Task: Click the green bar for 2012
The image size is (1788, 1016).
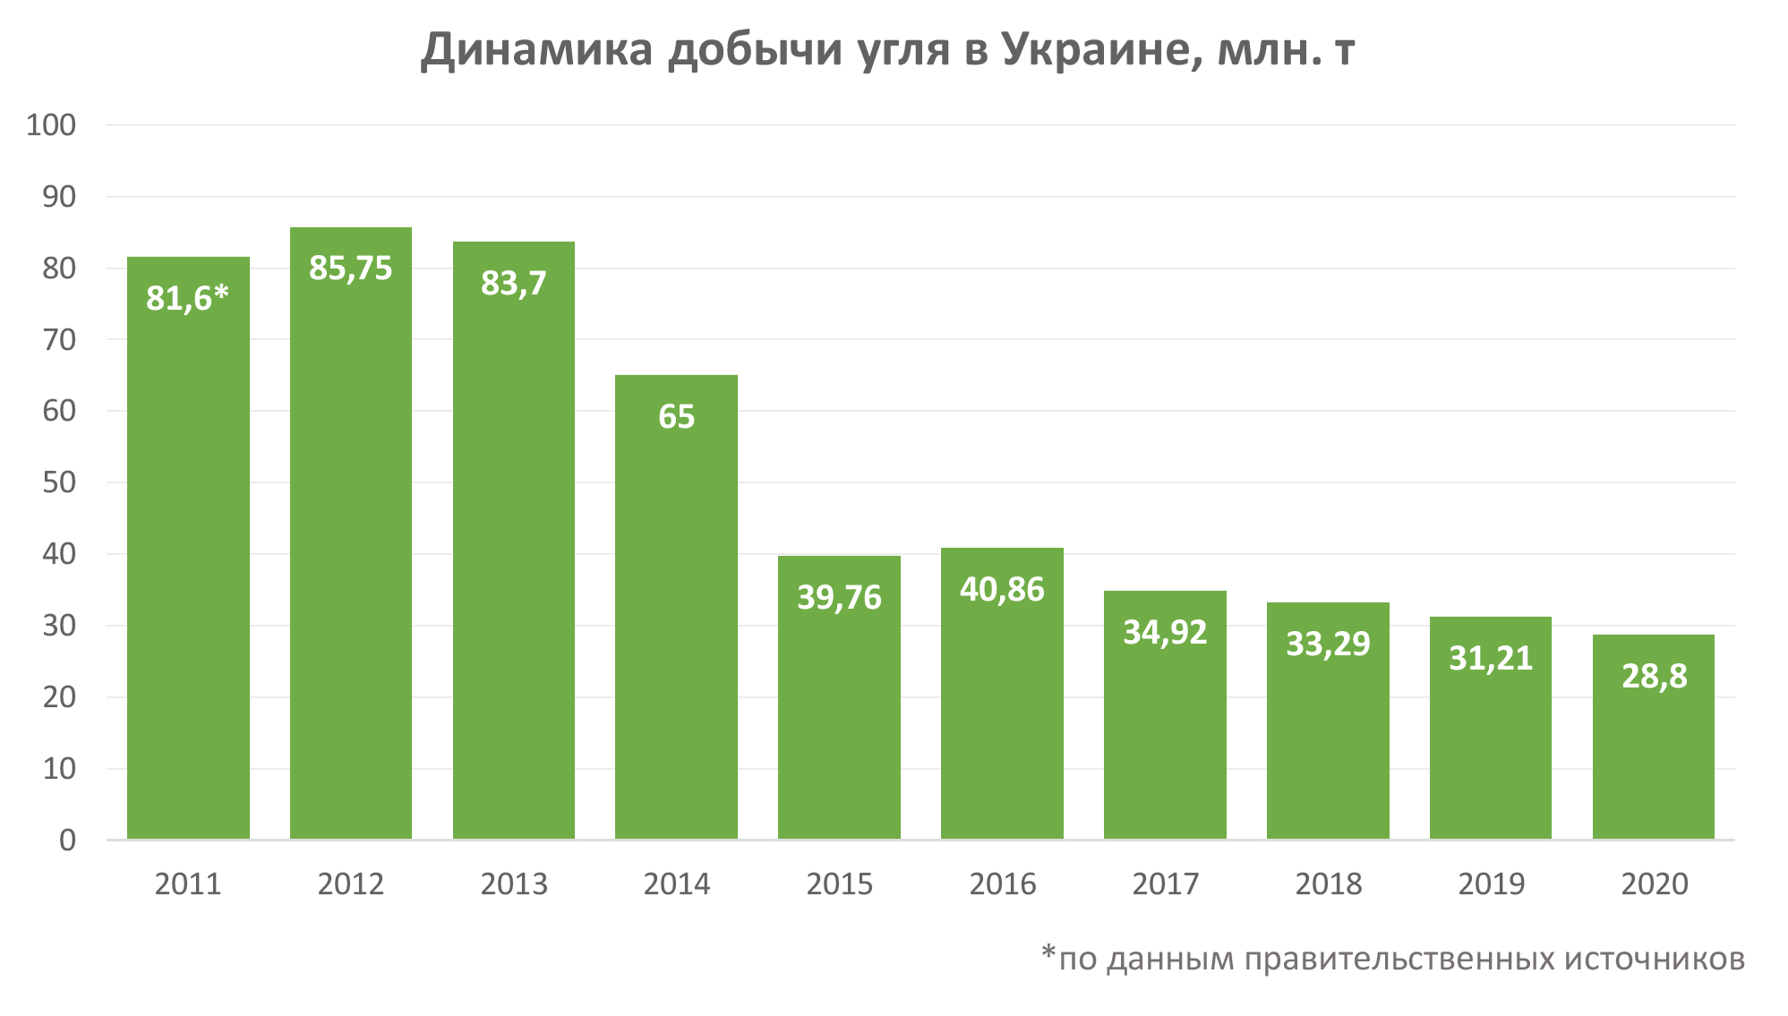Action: click(x=350, y=537)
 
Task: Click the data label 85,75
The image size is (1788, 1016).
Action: click(x=350, y=269)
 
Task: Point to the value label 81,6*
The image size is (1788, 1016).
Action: click(x=187, y=298)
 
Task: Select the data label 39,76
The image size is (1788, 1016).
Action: click(x=839, y=597)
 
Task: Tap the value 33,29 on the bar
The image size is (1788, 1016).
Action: click(x=1328, y=644)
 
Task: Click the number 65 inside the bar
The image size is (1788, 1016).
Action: click(x=676, y=417)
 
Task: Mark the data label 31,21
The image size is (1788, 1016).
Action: click(x=1491, y=658)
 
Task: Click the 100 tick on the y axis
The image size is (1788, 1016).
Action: click(x=51, y=125)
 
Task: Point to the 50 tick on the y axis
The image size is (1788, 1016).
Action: click(x=59, y=482)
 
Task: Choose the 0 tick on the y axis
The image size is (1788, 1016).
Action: click(x=67, y=841)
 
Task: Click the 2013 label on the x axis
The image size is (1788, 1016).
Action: click(x=513, y=884)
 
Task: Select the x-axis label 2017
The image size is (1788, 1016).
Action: click(x=1165, y=884)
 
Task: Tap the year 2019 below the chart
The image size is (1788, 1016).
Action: click(x=1491, y=884)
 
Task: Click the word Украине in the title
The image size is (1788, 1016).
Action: click(x=1100, y=50)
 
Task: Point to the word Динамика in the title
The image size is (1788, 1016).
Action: click(x=536, y=50)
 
